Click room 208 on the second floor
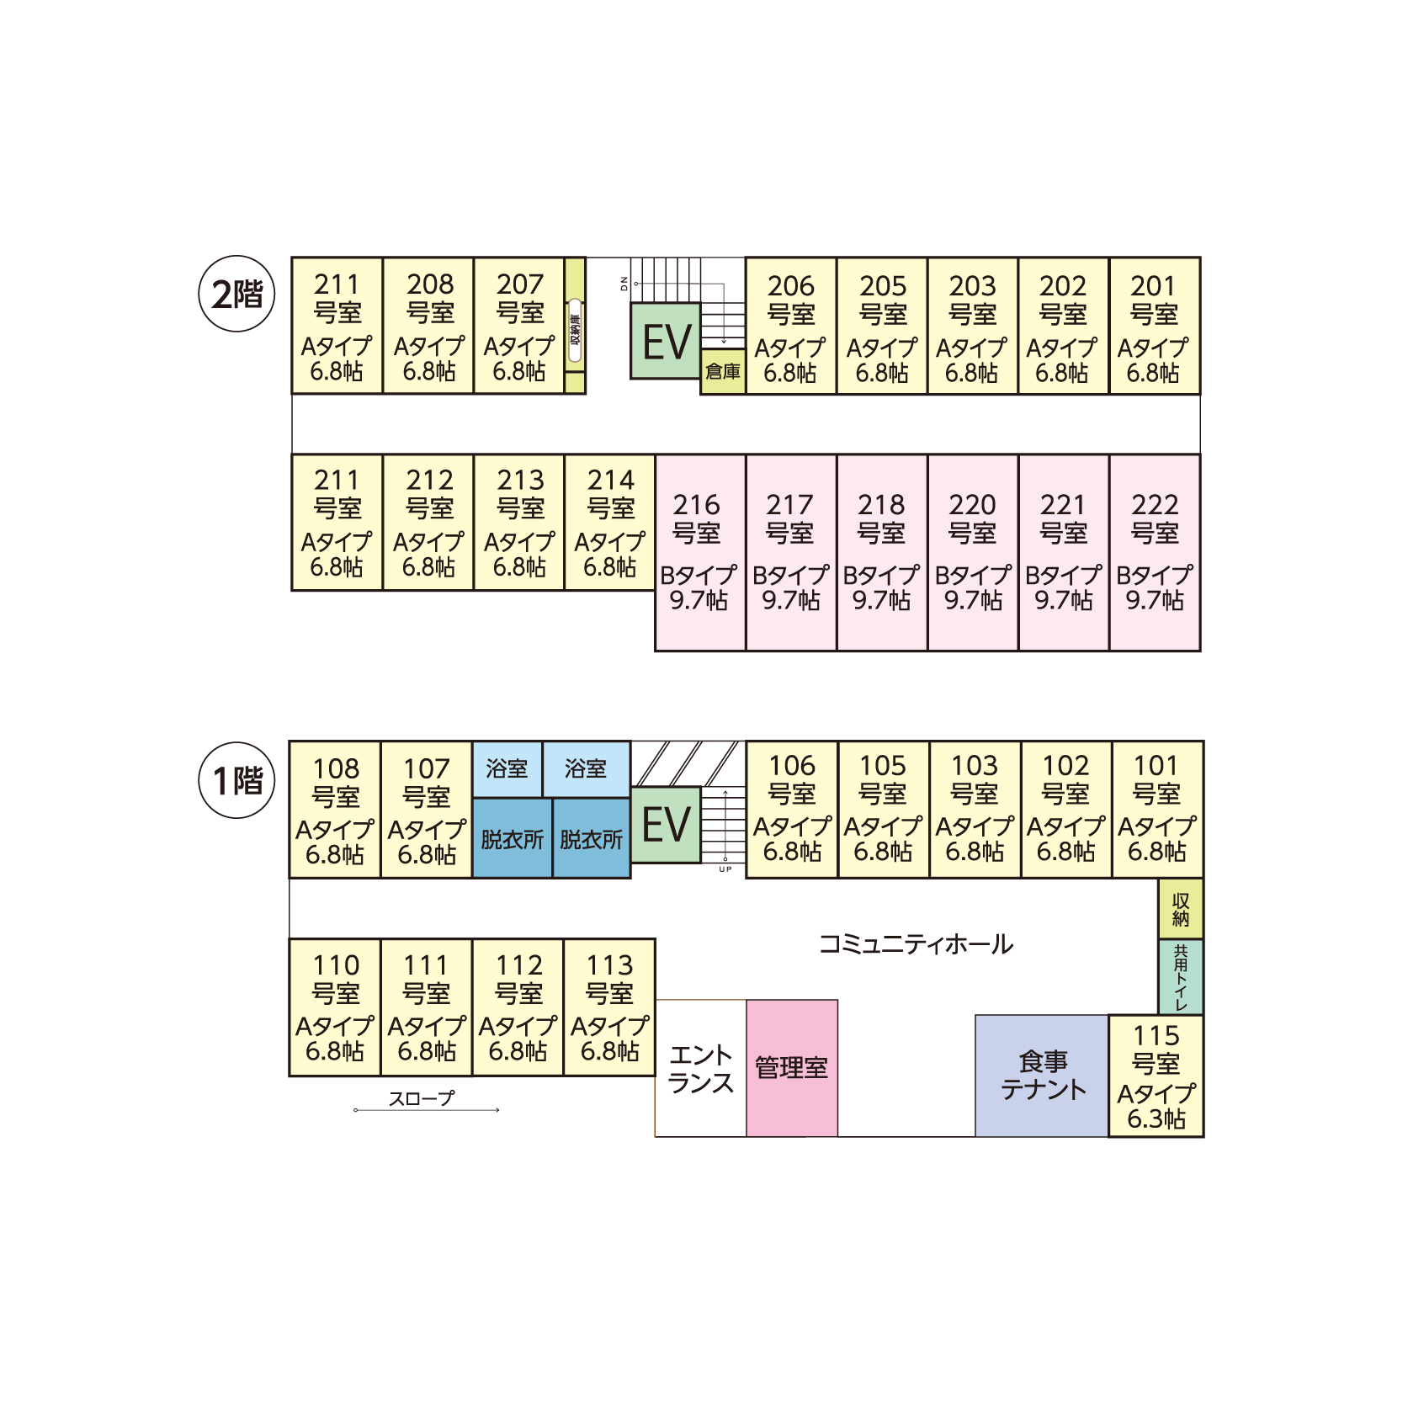(428, 326)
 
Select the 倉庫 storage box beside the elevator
(723, 371)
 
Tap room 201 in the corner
(1154, 326)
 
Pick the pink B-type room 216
(699, 552)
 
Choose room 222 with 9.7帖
(1154, 552)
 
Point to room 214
(609, 523)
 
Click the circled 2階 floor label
(236, 294)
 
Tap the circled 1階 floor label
(236, 780)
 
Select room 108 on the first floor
(335, 810)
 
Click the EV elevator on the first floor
(666, 825)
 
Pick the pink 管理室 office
(791, 1067)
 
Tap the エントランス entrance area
(700, 1068)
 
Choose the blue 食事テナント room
(1042, 1075)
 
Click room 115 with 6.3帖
(1156, 1076)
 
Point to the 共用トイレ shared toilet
(1180, 976)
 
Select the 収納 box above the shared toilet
(1180, 909)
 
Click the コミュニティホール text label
(916, 944)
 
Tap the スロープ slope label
(421, 1098)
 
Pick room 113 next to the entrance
(609, 1007)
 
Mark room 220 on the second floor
(972, 552)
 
